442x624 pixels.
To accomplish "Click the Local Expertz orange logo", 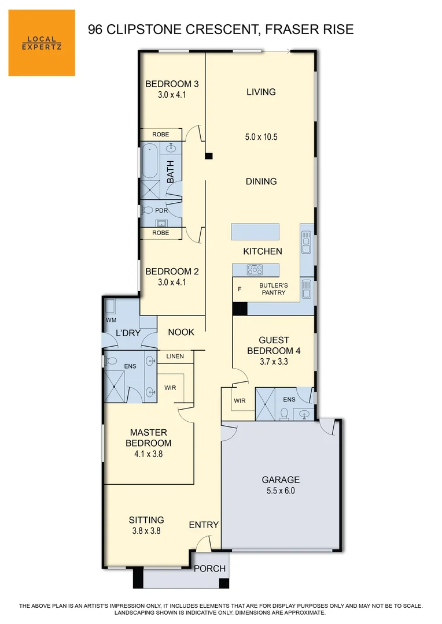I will [42, 43].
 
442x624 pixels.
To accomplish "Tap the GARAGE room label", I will [281, 480].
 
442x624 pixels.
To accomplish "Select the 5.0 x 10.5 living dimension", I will [261, 137].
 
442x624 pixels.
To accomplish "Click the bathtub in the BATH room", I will [150, 162].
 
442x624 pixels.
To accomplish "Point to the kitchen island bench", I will [255, 232].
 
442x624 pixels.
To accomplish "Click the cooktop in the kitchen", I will [255, 269].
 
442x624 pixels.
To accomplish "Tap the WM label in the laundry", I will [111, 320].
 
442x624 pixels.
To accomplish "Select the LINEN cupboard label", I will [175, 356].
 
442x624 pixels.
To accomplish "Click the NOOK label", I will [181, 332].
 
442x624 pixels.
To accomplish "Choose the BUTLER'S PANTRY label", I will [272, 289].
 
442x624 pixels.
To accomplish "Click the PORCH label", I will [209, 569].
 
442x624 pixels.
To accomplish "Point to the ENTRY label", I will [204, 525].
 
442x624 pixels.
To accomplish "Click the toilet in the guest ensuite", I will [283, 414].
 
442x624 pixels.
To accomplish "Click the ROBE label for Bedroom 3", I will [161, 135].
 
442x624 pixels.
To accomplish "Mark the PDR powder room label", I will [161, 210].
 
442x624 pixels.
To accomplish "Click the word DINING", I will [261, 181].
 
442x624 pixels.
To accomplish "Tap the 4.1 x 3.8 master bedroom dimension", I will [149, 454].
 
